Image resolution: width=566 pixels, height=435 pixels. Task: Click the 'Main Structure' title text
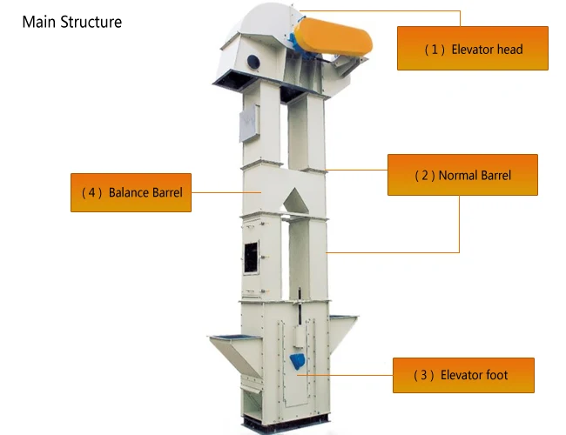[x=71, y=21]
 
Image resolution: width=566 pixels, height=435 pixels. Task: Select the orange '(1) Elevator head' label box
[x=472, y=49]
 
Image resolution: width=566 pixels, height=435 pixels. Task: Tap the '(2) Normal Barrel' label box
[x=462, y=175]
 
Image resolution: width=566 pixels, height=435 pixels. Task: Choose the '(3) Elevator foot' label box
[x=462, y=375]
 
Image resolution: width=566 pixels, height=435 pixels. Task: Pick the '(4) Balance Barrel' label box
[x=131, y=192]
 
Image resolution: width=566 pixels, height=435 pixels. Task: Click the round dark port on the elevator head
[x=253, y=61]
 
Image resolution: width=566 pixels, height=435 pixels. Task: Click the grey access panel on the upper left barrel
[x=248, y=124]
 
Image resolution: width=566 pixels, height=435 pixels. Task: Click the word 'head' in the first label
[x=509, y=49]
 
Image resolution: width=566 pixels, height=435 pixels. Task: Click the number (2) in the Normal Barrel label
[x=424, y=175]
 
